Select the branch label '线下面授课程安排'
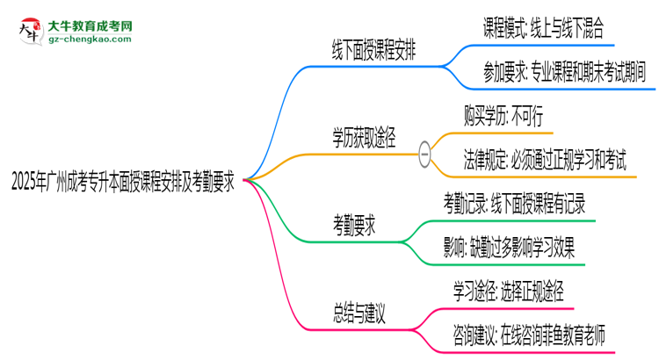pos(373,51)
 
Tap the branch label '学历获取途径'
pos(363,137)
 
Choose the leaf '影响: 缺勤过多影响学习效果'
pos(510,248)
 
